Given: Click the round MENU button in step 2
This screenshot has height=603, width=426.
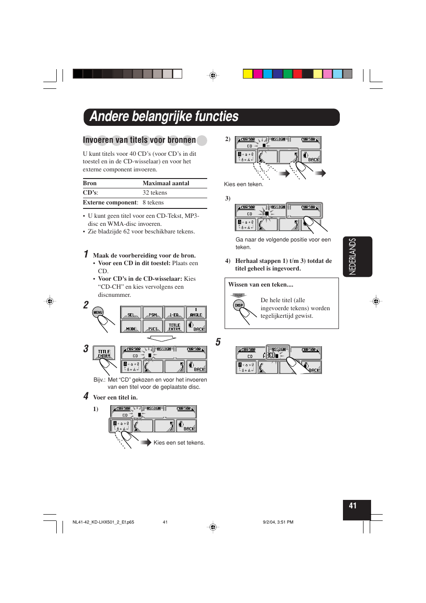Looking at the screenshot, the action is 98,312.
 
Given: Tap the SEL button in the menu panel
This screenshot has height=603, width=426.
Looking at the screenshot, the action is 131,313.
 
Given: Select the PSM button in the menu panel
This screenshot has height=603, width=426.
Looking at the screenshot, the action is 153,313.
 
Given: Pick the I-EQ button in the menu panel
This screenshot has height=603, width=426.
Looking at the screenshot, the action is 174,313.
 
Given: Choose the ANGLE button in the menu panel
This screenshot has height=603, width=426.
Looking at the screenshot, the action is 196,313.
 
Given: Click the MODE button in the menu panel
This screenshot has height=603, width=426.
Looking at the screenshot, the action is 131,327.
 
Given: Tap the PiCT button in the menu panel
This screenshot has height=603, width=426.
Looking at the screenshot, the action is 153,327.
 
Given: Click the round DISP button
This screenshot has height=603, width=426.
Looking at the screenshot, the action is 239,305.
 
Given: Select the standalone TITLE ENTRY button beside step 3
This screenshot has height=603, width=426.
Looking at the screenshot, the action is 104,353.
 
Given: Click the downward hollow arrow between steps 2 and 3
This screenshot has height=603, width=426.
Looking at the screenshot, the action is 162,339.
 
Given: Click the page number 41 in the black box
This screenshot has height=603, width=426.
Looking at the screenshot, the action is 353,506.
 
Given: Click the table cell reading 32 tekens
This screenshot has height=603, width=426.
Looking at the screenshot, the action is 155,193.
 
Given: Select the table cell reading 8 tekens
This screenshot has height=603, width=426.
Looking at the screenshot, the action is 153,203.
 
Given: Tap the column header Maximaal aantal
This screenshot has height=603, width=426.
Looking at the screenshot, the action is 166,183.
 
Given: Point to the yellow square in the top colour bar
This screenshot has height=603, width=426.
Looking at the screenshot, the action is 248,74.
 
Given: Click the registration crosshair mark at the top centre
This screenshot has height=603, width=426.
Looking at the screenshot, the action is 213,75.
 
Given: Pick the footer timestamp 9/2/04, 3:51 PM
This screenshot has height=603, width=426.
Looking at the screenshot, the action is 278,522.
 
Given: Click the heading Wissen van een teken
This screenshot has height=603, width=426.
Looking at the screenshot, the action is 261,284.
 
